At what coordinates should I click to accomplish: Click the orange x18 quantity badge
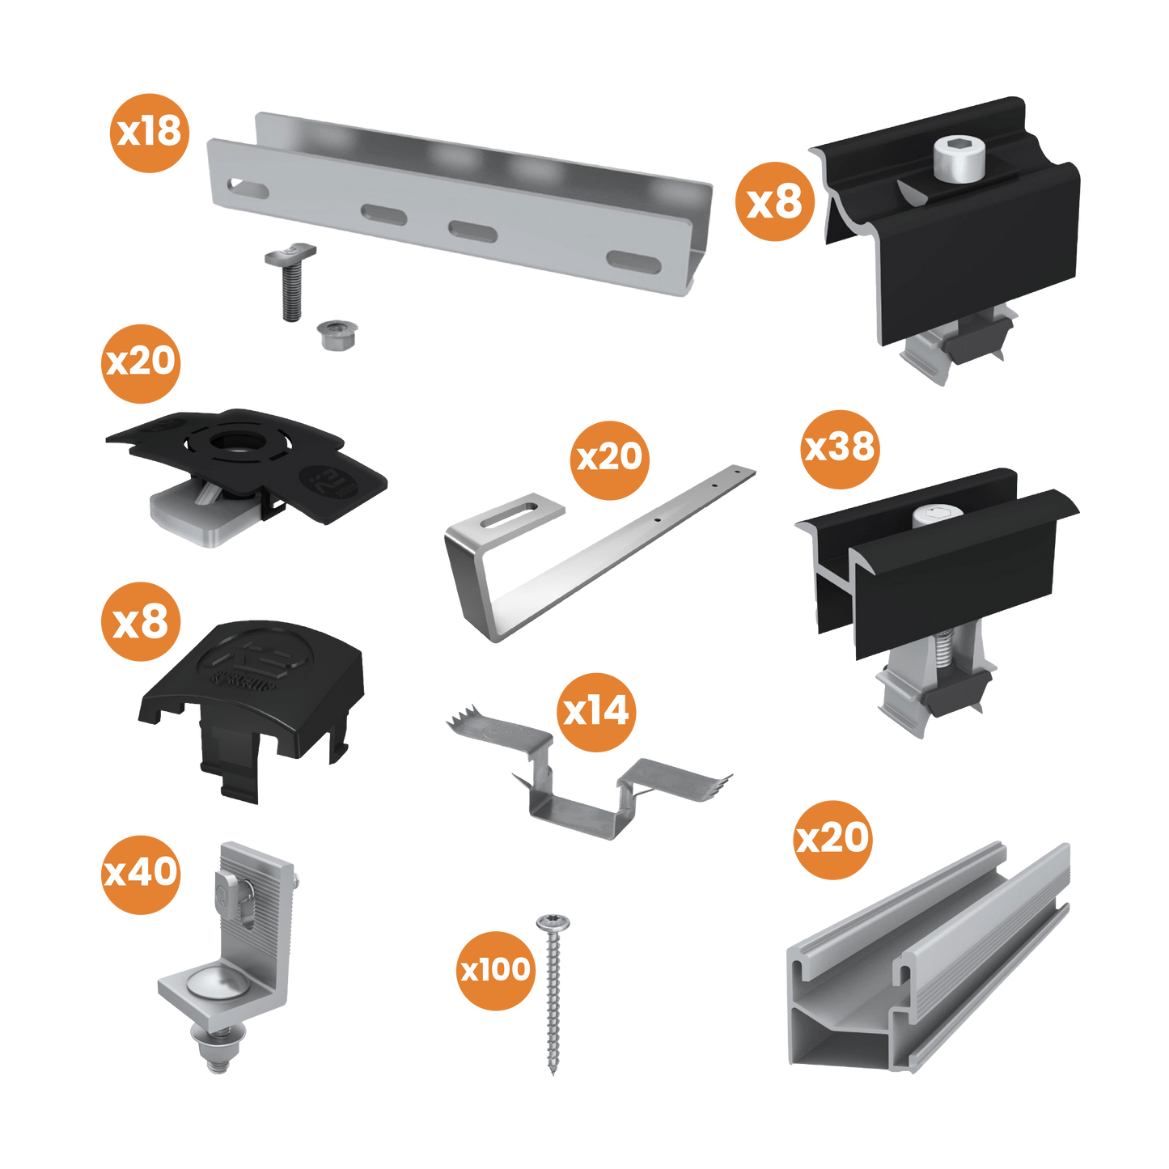[150, 132]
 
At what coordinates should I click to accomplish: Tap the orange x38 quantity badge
[839, 448]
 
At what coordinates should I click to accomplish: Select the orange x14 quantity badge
[596, 712]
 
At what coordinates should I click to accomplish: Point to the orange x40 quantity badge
[141, 874]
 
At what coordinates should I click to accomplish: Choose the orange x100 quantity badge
[495, 970]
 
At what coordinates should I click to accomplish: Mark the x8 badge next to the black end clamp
[774, 201]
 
